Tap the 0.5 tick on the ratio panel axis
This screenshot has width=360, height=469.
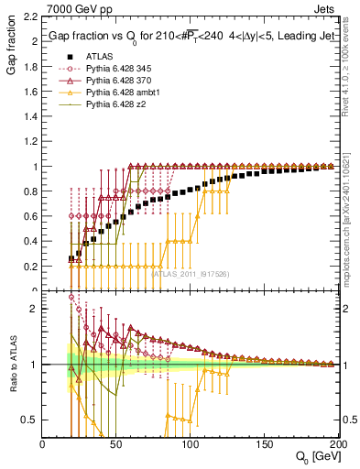click(x=31, y=420)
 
